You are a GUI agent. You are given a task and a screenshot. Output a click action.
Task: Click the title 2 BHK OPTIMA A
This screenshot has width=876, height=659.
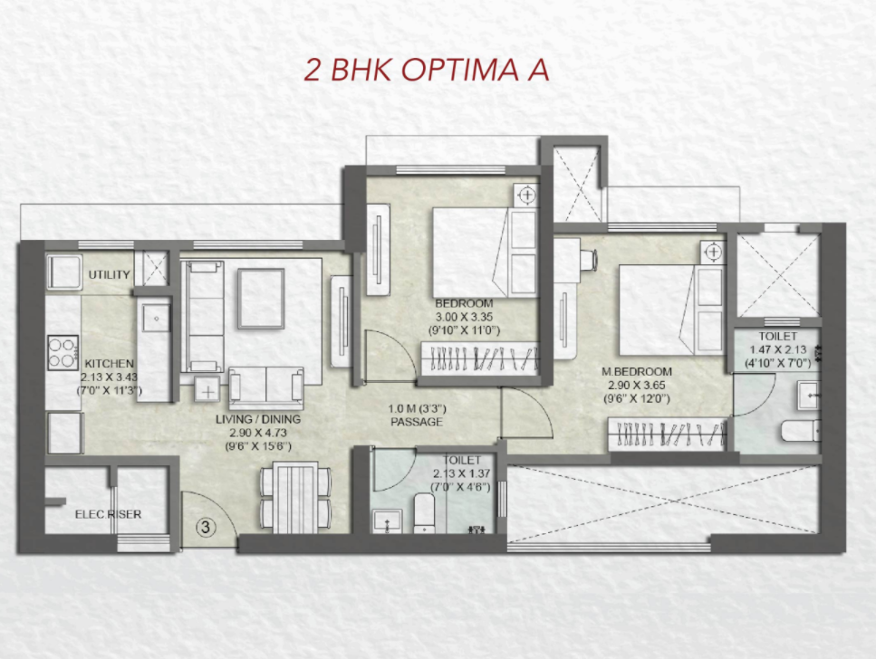point(427,71)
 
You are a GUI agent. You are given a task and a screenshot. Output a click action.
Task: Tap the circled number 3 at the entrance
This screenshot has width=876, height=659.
point(206,527)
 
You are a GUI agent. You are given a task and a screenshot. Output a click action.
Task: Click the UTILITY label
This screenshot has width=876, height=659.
point(110,275)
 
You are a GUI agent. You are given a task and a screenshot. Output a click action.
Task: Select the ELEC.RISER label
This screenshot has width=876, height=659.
point(109,514)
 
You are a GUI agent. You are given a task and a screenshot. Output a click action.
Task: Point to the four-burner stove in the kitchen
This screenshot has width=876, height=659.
point(63,352)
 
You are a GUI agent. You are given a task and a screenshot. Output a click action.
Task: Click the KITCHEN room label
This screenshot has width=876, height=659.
point(110,364)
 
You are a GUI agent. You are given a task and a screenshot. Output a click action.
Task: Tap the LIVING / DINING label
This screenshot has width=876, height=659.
point(258,419)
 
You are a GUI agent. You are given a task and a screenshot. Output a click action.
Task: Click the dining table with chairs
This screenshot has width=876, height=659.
point(296,495)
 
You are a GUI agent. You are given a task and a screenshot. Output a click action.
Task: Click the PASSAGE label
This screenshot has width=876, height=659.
point(417,422)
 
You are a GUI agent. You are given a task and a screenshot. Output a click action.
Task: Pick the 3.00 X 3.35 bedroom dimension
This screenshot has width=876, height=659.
point(464,317)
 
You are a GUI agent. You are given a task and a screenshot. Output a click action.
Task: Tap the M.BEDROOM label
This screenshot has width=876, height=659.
point(637,372)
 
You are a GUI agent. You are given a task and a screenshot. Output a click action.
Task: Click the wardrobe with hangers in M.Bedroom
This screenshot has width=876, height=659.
point(668,433)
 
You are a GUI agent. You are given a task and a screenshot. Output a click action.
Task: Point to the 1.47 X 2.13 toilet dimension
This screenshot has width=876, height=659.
point(777,350)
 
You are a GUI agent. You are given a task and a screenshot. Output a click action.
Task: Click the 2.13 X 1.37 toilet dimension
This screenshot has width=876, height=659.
point(461,473)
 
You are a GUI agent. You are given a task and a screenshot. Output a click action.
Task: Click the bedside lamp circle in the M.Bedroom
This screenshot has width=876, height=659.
point(714,252)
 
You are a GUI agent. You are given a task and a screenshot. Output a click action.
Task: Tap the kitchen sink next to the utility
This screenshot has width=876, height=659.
point(156,318)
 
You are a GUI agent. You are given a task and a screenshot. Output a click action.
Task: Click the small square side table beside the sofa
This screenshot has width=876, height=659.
point(207,388)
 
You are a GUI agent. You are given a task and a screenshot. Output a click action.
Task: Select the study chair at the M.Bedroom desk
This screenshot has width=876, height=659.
point(588,260)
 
